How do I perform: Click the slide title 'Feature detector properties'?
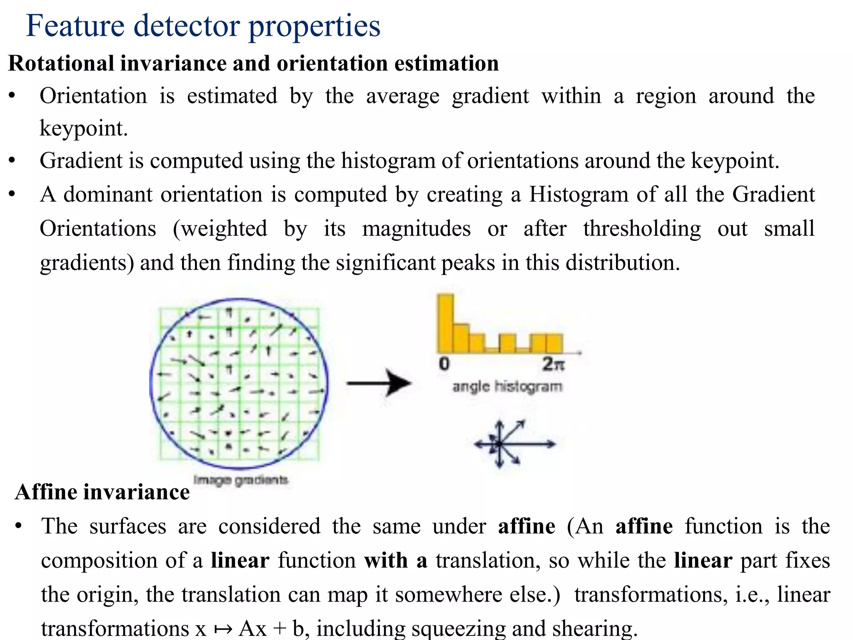pyautogui.click(x=203, y=26)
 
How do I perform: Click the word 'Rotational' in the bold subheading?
pyautogui.click(x=61, y=64)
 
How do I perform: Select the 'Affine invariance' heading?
pyautogui.click(x=102, y=492)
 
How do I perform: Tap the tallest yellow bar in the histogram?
pyautogui.click(x=445, y=323)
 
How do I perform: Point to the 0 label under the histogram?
pyautogui.click(x=444, y=364)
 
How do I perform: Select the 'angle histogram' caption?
pyautogui.click(x=507, y=387)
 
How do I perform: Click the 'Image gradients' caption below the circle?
pyautogui.click(x=241, y=480)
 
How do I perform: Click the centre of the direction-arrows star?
pyautogui.click(x=499, y=444)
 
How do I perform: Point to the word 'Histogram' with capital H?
pyautogui.click(x=579, y=195)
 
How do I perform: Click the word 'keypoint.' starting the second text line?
pyautogui.click(x=84, y=128)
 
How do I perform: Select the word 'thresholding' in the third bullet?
pyautogui.click(x=642, y=229)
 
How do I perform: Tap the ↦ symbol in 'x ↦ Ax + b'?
pyautogui.click(x=223, y=629)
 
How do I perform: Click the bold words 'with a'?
pyautogui.click(x=396, y=560)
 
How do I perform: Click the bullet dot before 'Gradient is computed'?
pyautogui.click(x=12, y=161)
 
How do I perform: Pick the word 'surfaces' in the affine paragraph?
pyautogui.click(x=128, y=526)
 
